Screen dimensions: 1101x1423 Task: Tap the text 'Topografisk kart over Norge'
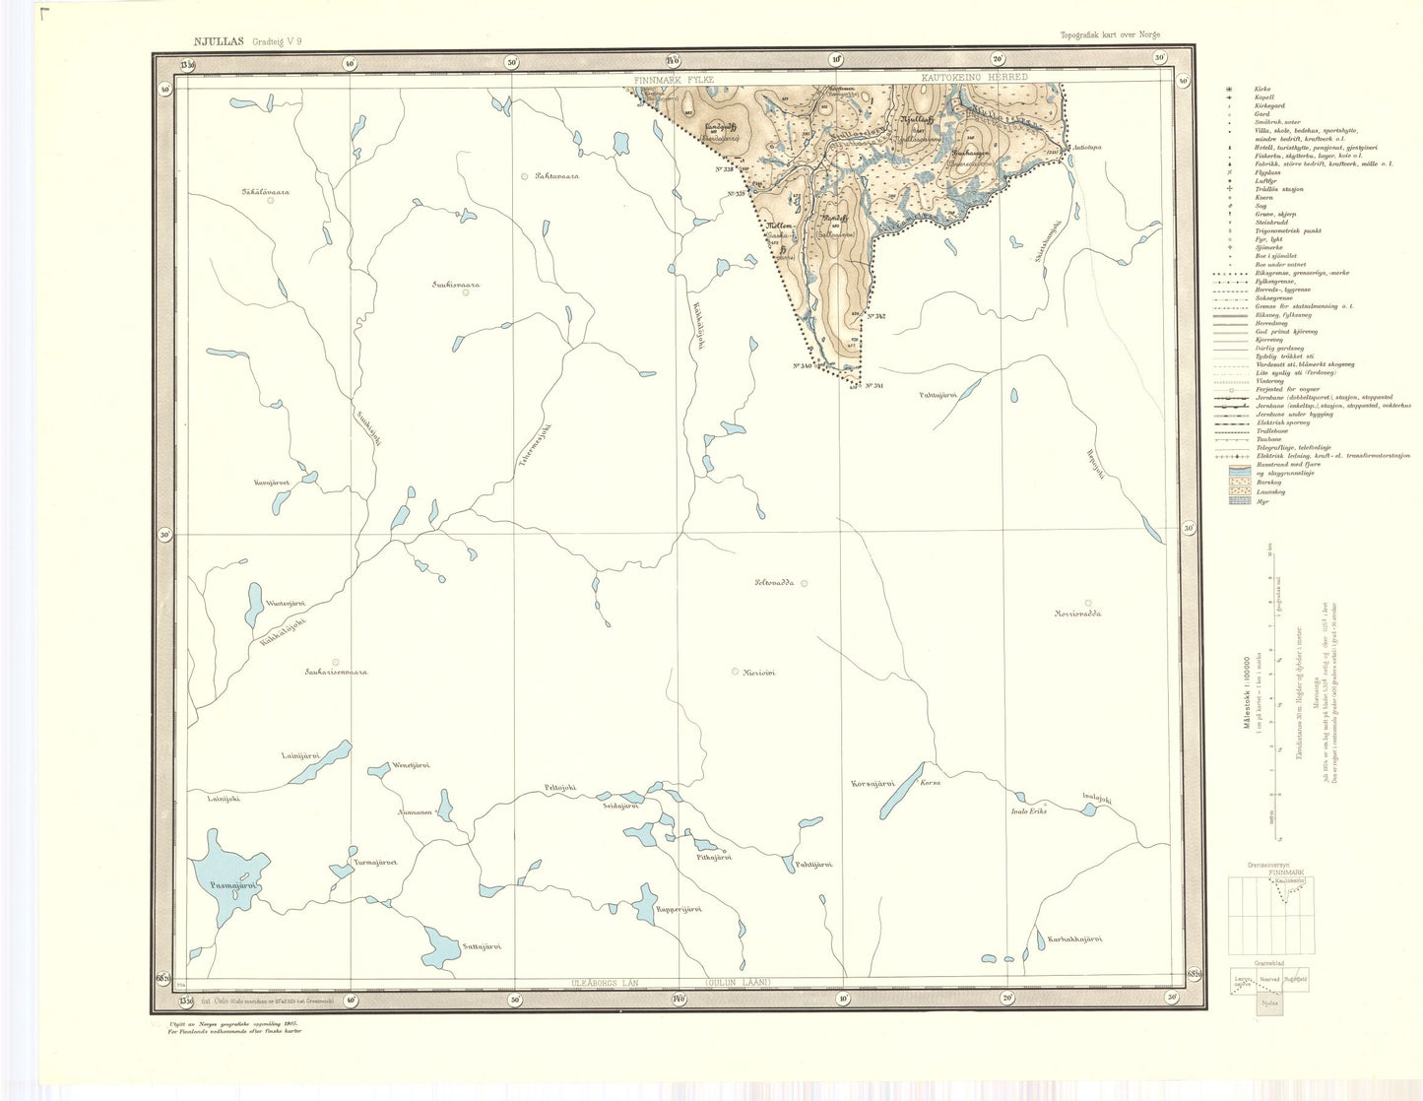pos(1110,34)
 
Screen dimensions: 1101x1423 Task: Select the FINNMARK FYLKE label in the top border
pos(674,77)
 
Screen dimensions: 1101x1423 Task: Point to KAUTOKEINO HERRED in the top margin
pos(974,77)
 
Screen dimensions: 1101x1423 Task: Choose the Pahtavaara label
pos(556,176)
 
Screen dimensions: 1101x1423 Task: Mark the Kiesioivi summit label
pos(760,673)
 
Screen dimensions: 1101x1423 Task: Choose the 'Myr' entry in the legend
pos(1261,501)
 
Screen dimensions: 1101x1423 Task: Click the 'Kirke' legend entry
pos(1261,90)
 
